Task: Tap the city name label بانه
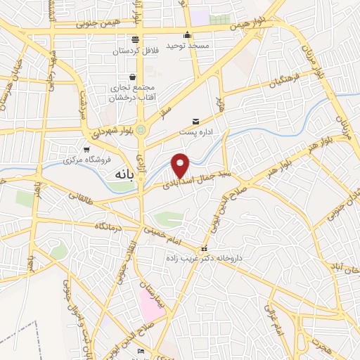click(116, 172)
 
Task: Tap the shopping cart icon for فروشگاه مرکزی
click(86, 150)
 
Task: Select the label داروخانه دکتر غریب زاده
click(204, 259)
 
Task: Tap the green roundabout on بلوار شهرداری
click(141, 129)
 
